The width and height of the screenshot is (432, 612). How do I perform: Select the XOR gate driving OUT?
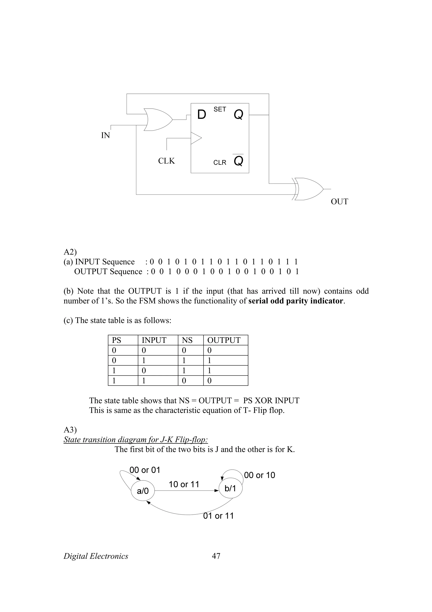pos(309,189)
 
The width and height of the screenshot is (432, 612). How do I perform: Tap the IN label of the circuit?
pos(105,135)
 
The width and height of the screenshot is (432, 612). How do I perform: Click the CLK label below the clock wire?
pos(166,161)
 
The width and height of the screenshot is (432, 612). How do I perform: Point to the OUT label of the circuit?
pos(339,201)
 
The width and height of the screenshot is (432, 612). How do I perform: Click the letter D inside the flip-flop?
pos(202,115)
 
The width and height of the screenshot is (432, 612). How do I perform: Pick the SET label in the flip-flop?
pos(220,109)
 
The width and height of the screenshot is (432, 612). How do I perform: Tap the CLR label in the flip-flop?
pos(220,163)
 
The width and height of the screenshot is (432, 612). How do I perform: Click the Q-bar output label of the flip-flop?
pos(238,160)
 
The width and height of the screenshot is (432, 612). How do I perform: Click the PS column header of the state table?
pos(117,340)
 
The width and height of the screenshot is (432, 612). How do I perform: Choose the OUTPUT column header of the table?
pos(224,340)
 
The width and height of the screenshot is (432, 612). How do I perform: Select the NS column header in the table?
pos(187,340)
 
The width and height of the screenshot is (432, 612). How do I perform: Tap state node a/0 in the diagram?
pos(143,491)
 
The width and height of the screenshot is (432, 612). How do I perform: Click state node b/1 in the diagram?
pos(230,488)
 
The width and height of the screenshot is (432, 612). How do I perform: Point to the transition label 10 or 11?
pos(184,484)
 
